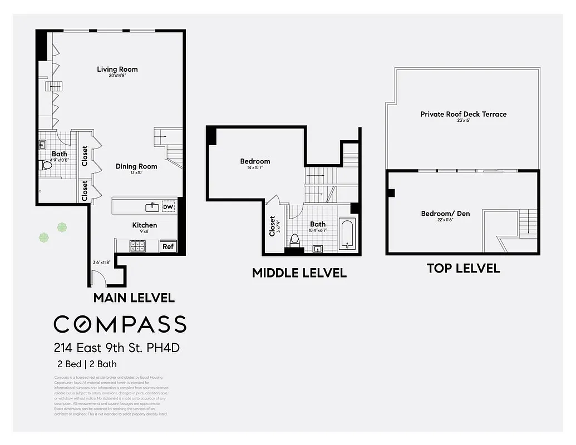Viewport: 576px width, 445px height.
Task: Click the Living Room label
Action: coord(117,70)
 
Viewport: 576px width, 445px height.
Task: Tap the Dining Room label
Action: coord(136,166)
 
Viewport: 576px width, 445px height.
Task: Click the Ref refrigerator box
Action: coord(168,246)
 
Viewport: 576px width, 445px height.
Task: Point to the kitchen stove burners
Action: coord(137,246)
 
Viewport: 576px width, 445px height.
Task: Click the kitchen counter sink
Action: coord(151,207)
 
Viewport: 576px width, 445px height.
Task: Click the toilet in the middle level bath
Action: coord(295,239)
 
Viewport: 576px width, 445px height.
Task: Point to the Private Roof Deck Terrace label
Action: coord(463,114)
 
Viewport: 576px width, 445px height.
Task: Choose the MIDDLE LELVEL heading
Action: coord(299,273)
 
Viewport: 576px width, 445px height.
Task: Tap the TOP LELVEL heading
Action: coord(463,269)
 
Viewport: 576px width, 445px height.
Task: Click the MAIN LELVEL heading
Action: coord(134,298)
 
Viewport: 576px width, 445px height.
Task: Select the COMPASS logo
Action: coord(120,324)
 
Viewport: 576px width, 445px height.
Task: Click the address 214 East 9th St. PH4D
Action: coord(117,349)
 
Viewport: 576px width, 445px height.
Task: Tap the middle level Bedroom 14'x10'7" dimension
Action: coord(255,167)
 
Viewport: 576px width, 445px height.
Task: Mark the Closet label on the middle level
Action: coord(272,226)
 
